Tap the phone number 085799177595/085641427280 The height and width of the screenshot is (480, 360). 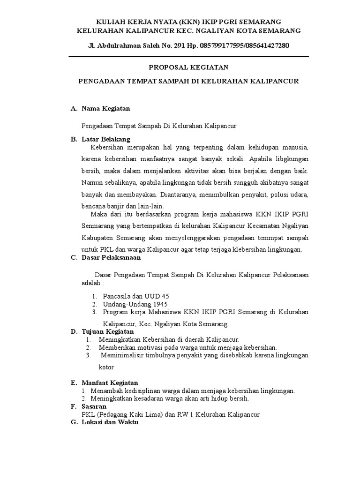(244, 46)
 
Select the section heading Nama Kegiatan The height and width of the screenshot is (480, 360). (105, 108)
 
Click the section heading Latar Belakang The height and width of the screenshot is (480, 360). (106, 139)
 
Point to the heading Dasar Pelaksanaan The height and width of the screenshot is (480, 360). (111, 257)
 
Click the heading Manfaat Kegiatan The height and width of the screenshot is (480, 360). (110, 383)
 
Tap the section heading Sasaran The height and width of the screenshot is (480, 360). (94, 406)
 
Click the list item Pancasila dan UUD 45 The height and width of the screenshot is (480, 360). (136, 296)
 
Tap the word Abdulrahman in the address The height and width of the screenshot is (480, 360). (119, 46)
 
